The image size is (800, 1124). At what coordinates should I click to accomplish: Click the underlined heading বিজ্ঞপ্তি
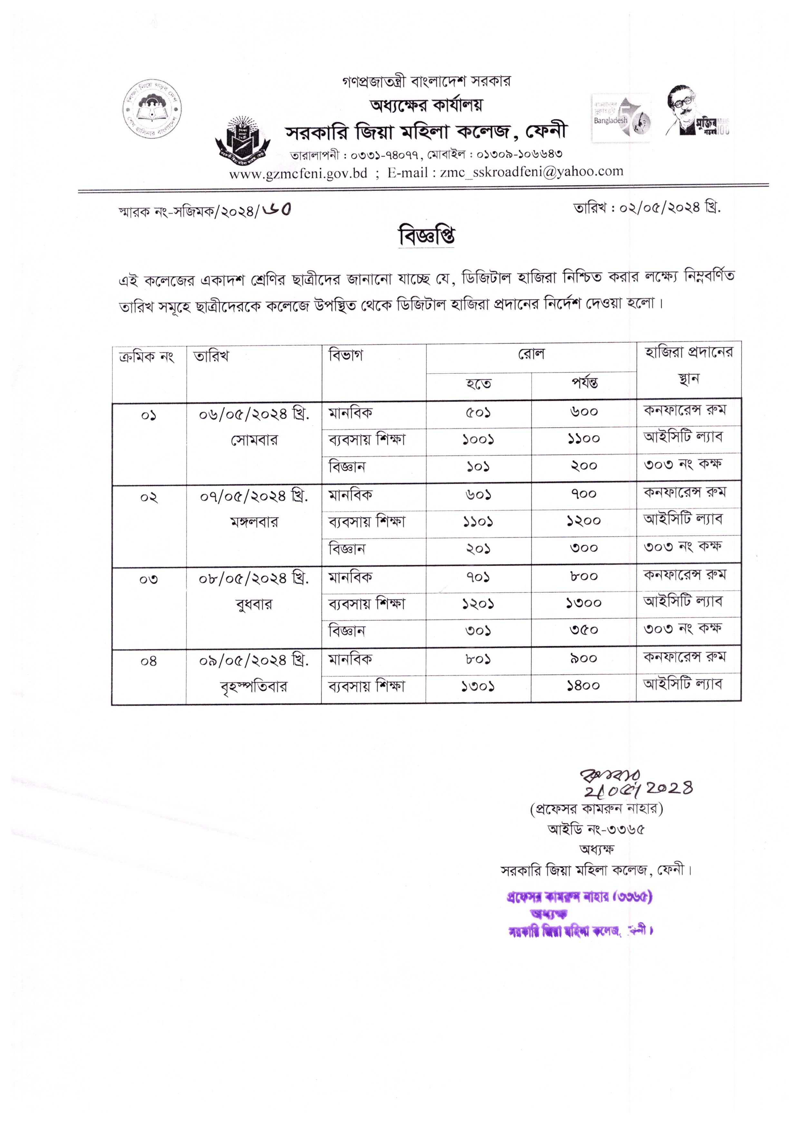click(427, 236)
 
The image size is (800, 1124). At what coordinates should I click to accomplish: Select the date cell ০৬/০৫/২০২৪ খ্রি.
click(254, 415)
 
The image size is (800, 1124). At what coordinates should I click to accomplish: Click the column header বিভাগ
click(346, 355)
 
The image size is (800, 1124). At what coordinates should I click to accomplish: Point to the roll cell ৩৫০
click(584, 630)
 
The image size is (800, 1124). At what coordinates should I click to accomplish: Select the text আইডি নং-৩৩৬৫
click(596, 830)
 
